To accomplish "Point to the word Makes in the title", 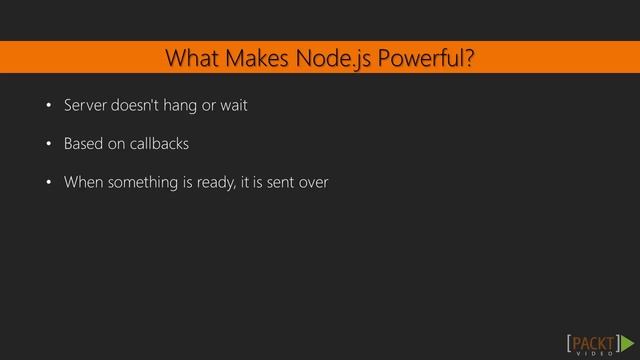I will click(x=257, y=59).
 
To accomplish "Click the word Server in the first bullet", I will click(x=84, y=105).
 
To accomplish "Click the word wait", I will click(x=233, y=105).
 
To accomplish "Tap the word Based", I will click(x=83, y=144).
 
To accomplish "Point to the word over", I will click(x=314, y=183).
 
